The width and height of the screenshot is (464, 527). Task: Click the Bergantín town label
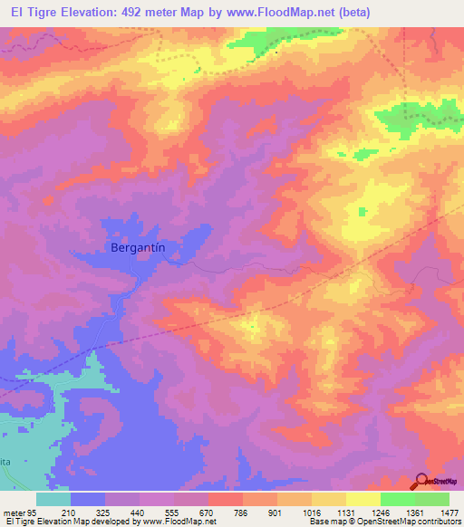point(140,246)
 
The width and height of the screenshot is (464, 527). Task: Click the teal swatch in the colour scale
point(53,499)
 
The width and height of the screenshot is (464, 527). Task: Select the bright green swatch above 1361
point(398,499)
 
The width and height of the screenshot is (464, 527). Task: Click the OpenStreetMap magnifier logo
point(421,483)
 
